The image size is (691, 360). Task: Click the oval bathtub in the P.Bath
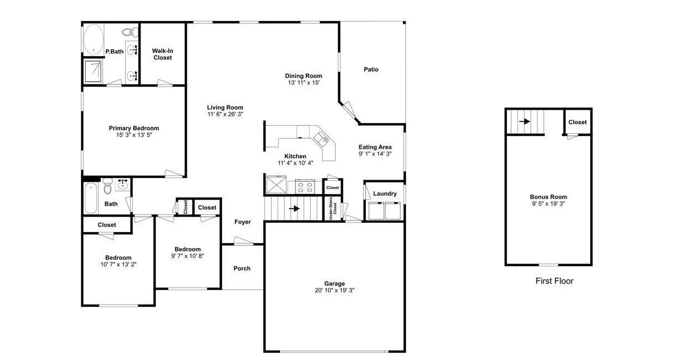pyautogui.click(x=94, y=40)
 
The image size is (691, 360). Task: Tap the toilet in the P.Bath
pyautogui.click(x=131, y=31)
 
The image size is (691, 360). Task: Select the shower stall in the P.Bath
pyautogui.click(x=93, y=71)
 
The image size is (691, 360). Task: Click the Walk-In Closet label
pyautogui.click(x=163, y=55)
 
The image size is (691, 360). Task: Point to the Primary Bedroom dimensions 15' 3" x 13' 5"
pyautogui.click(x=134, y=135)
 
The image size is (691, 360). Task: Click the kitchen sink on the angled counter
pyautogui.click(x=322, y=138)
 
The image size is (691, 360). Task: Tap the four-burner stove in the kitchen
pyautogui.click(x=305, y=186)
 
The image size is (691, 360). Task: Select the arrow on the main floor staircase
pyautogui.click(x=294, y=209)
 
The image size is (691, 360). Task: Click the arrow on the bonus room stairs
pyautogui.click(x=525, y=121)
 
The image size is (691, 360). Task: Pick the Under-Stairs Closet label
pyautogui.click(x=333, y=208)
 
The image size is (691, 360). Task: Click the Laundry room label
pyautogui.click(x=385, y=194)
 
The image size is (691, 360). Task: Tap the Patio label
pyautogui.click(x=371, y=69)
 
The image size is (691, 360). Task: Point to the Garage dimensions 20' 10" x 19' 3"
pyautogui.click(x=334, y=290)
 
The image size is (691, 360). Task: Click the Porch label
pyautogui.click(x=242, y=268)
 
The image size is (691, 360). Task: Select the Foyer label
pyautogui.click(x=242, y=222)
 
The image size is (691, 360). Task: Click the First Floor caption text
pyautogui.click(x=554, y=281)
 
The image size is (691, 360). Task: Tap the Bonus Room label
pyautogui.click(x=548, y=197)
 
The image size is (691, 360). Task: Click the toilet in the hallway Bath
pyautogui.click(x=107, y=186)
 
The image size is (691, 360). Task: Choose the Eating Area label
pyautogui.click(x=375, y=147)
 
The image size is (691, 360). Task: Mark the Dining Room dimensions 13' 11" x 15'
pyautogui.click(x=304, y=83)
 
